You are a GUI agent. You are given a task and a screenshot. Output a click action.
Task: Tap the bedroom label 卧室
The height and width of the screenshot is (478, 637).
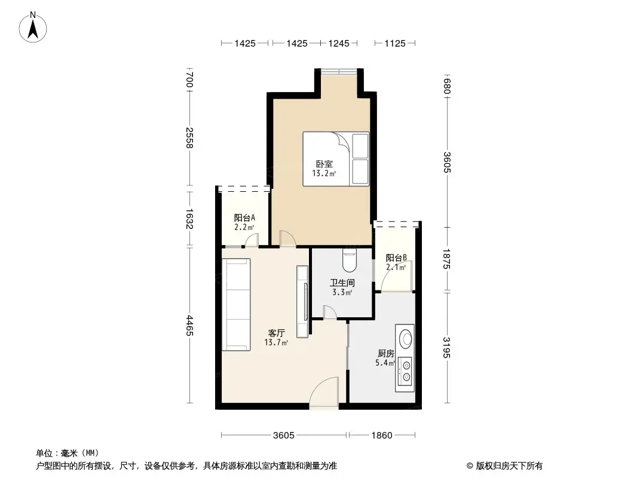[324, 164]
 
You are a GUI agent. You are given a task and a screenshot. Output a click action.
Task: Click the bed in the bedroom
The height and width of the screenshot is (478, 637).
[336, 158]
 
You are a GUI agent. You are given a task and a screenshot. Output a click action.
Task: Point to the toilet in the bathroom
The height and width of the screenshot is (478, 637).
[350, 261]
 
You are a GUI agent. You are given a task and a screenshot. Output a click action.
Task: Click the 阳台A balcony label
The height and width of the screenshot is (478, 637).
[244, 218]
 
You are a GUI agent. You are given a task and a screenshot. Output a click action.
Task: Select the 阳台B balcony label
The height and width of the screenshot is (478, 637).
[396, 258]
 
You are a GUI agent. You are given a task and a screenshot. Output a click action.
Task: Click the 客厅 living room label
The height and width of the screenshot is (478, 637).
[276, 333]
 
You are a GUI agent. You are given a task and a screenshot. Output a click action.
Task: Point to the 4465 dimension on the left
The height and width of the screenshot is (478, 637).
[189, 325]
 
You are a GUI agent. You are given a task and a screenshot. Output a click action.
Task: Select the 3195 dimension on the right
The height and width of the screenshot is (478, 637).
[446, 348]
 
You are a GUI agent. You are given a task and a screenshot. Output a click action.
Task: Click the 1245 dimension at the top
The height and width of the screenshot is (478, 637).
[338, 43]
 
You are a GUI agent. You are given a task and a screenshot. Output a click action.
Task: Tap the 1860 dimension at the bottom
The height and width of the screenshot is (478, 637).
[381, 436]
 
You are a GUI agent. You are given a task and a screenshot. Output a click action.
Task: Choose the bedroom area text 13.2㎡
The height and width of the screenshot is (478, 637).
[324, 174]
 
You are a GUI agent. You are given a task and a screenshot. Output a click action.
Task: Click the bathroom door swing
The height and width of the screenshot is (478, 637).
[329, 311]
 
